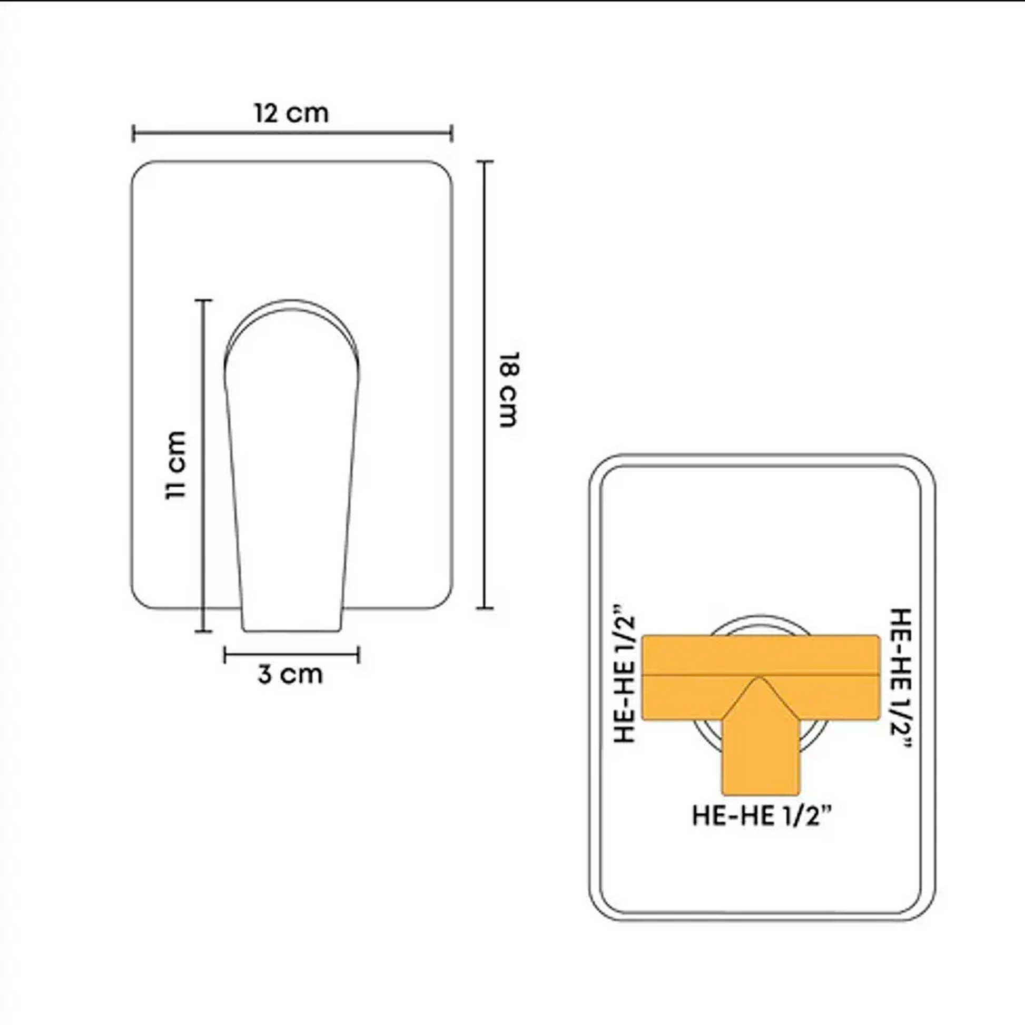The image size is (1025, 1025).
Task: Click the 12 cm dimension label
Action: pyautogui.click(x=291, y=113)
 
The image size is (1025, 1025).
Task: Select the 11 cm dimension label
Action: pyautogui.click(x=175, y=465)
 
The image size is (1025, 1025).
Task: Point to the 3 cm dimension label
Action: pyautogui.click(x=290, y=674)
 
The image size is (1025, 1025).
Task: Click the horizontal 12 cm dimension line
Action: pyautogui.click(x=292, y=133)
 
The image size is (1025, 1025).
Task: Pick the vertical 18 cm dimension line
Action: pyautogui.click(x=485, y=385)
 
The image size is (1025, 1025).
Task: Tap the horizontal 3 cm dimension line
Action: pyautogui.click(x=292, y=655)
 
